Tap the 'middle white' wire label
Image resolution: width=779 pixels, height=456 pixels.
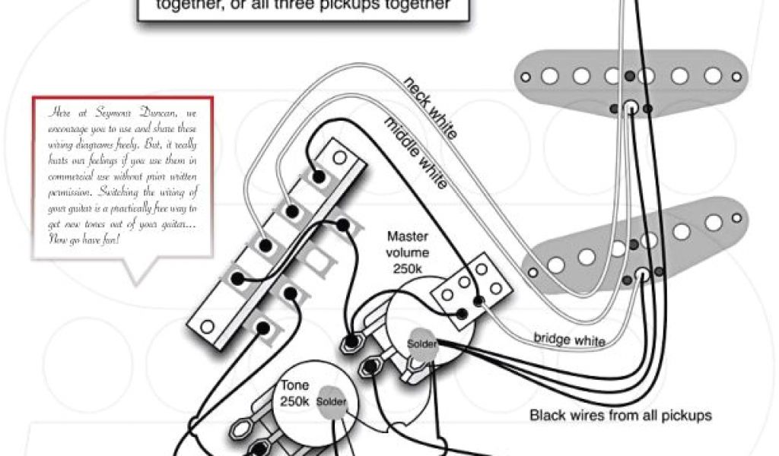415,152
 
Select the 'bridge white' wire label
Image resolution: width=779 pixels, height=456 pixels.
570,339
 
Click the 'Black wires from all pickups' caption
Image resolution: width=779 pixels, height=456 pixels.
620,416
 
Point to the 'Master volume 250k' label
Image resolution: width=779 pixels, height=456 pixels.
408,253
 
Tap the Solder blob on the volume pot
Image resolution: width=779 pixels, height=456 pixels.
422,344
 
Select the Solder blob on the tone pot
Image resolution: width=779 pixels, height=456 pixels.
332,401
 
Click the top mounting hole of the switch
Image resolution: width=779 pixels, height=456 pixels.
340,158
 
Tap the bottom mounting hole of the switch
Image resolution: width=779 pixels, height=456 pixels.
205,328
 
